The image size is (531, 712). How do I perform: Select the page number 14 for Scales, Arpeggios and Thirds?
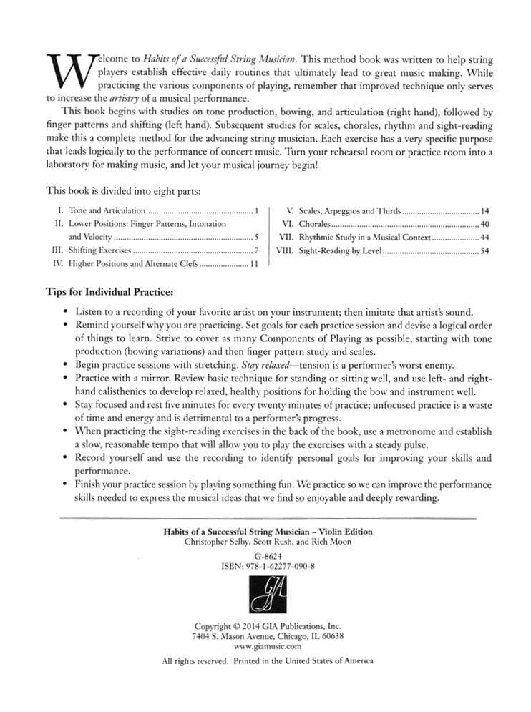click(485, 211)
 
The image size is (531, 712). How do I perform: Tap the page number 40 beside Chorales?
click(485, 224)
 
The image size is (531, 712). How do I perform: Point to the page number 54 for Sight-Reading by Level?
click(485, 251)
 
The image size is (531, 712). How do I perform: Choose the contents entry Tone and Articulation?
click(107, 211)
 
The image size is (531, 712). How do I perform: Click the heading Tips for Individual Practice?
click(109, 293)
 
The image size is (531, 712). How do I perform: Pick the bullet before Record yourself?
click(65, 457)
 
